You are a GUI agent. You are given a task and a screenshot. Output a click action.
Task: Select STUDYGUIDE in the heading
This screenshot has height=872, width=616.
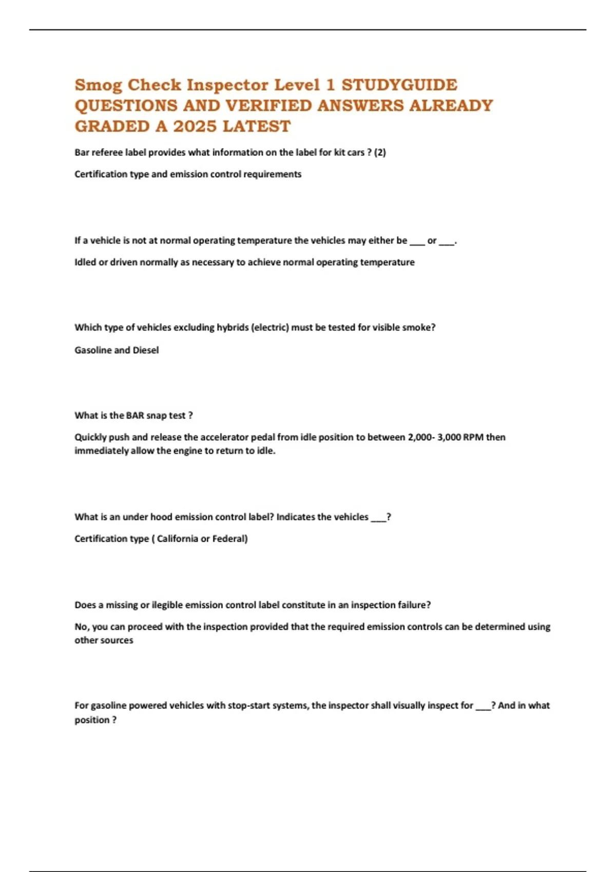pos(399,85)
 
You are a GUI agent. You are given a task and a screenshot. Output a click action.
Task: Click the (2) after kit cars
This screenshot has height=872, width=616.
pos(379,152)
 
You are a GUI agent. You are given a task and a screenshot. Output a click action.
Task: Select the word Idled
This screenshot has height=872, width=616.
pos(85,262)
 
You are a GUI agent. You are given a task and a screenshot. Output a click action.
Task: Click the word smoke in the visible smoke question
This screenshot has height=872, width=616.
pos(416,328)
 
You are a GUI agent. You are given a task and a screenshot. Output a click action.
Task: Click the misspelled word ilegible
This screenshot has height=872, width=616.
pos(167,605)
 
